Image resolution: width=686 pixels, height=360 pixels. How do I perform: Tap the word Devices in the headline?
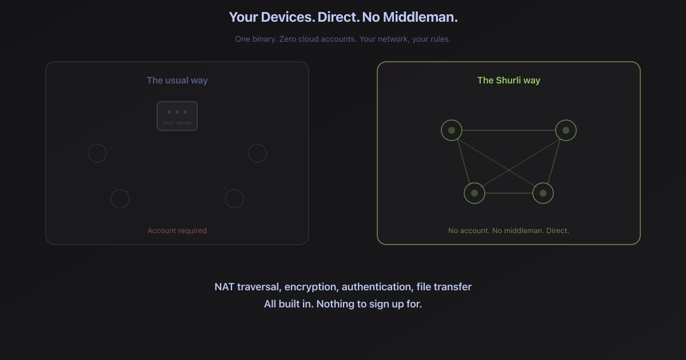(286, 17)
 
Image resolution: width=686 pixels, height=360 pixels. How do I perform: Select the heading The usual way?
(177, 80)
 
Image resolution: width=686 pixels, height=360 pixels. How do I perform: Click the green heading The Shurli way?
(509, 80)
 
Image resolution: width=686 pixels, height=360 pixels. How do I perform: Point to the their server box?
(177, 116)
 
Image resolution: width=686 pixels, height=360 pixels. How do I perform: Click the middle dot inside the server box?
(177, 112)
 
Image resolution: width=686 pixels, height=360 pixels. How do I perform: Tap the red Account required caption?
(177, 230)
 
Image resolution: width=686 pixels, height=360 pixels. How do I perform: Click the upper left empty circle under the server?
(97, 144)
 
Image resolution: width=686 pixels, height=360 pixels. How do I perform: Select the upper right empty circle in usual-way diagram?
(257, 144)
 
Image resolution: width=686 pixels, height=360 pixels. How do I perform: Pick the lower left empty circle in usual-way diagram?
(119, 190)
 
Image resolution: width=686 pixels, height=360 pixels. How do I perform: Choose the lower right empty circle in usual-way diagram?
(234, 190)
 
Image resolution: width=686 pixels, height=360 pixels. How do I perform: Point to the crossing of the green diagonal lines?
(509, 170)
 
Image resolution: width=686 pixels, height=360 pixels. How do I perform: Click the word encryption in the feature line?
(311, 287)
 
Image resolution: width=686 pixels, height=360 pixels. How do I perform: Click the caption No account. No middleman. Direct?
(509, 230)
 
